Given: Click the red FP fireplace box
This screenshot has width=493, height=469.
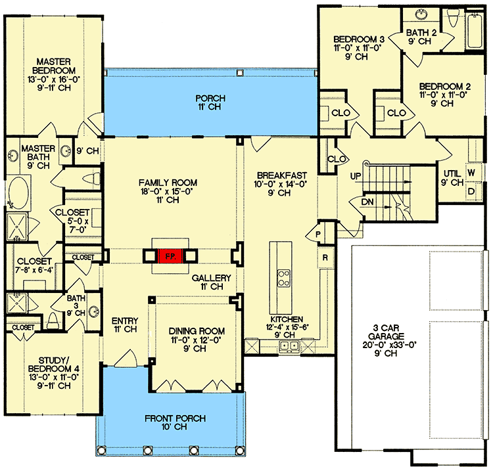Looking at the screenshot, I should [x=169, y=256].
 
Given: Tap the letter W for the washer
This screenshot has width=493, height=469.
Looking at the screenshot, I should [x=471, y=173].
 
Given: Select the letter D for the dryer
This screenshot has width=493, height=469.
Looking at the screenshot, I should [x=471, y=191].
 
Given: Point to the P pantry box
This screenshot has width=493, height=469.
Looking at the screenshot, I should [x=316, y=234].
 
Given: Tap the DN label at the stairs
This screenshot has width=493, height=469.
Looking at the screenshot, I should [x=367, y=202].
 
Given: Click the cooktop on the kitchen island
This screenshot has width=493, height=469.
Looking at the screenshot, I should [x=283, y=277].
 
